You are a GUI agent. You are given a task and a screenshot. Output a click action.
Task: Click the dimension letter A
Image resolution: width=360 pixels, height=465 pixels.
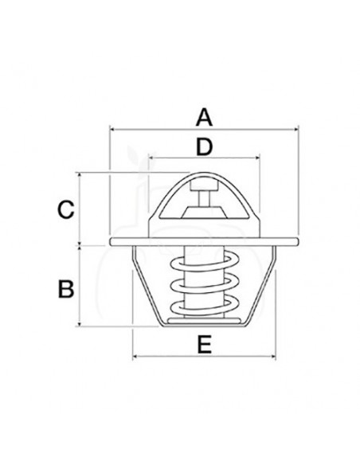coord(204,118)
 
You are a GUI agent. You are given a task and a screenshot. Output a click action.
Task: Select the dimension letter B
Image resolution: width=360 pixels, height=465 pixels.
coord(67,287)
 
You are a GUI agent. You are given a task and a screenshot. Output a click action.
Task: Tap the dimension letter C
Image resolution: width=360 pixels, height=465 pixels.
coord(67,210)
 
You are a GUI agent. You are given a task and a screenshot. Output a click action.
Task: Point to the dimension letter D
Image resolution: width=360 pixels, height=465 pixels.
coord(204,147)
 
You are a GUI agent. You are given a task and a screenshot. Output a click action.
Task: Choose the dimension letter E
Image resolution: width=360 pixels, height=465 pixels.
coord(204,345)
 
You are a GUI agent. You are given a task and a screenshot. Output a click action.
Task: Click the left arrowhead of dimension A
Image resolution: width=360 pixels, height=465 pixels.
coord(112,127)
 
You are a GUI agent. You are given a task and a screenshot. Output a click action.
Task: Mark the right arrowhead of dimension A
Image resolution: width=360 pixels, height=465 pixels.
coord(295,127)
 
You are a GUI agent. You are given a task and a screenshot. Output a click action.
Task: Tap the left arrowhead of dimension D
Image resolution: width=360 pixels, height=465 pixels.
coord(150,157)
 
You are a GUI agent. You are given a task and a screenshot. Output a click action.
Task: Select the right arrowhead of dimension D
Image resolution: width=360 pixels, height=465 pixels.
coord(258,157)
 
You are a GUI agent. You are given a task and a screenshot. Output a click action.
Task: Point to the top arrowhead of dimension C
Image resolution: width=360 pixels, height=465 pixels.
coord(83,174)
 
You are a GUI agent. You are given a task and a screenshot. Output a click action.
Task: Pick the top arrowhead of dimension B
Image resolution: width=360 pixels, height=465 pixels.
coord(83,249)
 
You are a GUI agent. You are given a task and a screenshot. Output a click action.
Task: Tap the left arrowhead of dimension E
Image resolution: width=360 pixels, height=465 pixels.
coord(135,354)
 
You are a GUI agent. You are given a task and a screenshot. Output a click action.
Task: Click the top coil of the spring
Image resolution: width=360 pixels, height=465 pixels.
coord(204,262)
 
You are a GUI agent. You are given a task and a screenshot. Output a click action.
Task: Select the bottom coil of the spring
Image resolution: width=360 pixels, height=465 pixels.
coord(204,305)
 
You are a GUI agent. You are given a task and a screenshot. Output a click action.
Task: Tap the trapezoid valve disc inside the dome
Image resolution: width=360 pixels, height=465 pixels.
coord(204,212)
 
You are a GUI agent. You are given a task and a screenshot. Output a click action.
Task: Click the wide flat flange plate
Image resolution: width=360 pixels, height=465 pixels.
coord(204,240)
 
